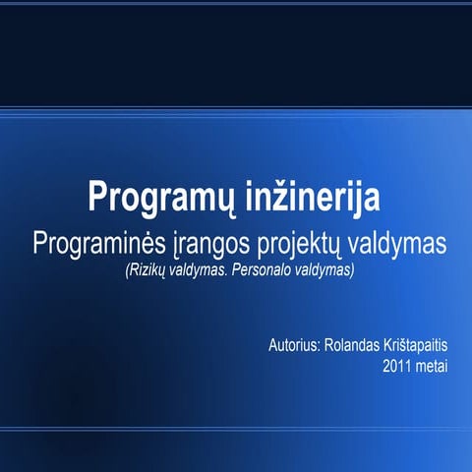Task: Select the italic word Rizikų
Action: (147, 268)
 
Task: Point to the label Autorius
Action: (292, 347)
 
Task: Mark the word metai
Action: (434, 367)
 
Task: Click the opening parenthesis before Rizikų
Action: (126, 268)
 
